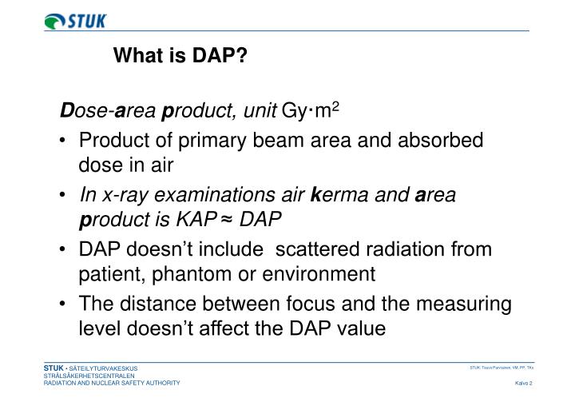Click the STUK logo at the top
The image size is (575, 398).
coord(75,21)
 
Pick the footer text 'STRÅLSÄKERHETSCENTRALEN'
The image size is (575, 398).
coord(89,375)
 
